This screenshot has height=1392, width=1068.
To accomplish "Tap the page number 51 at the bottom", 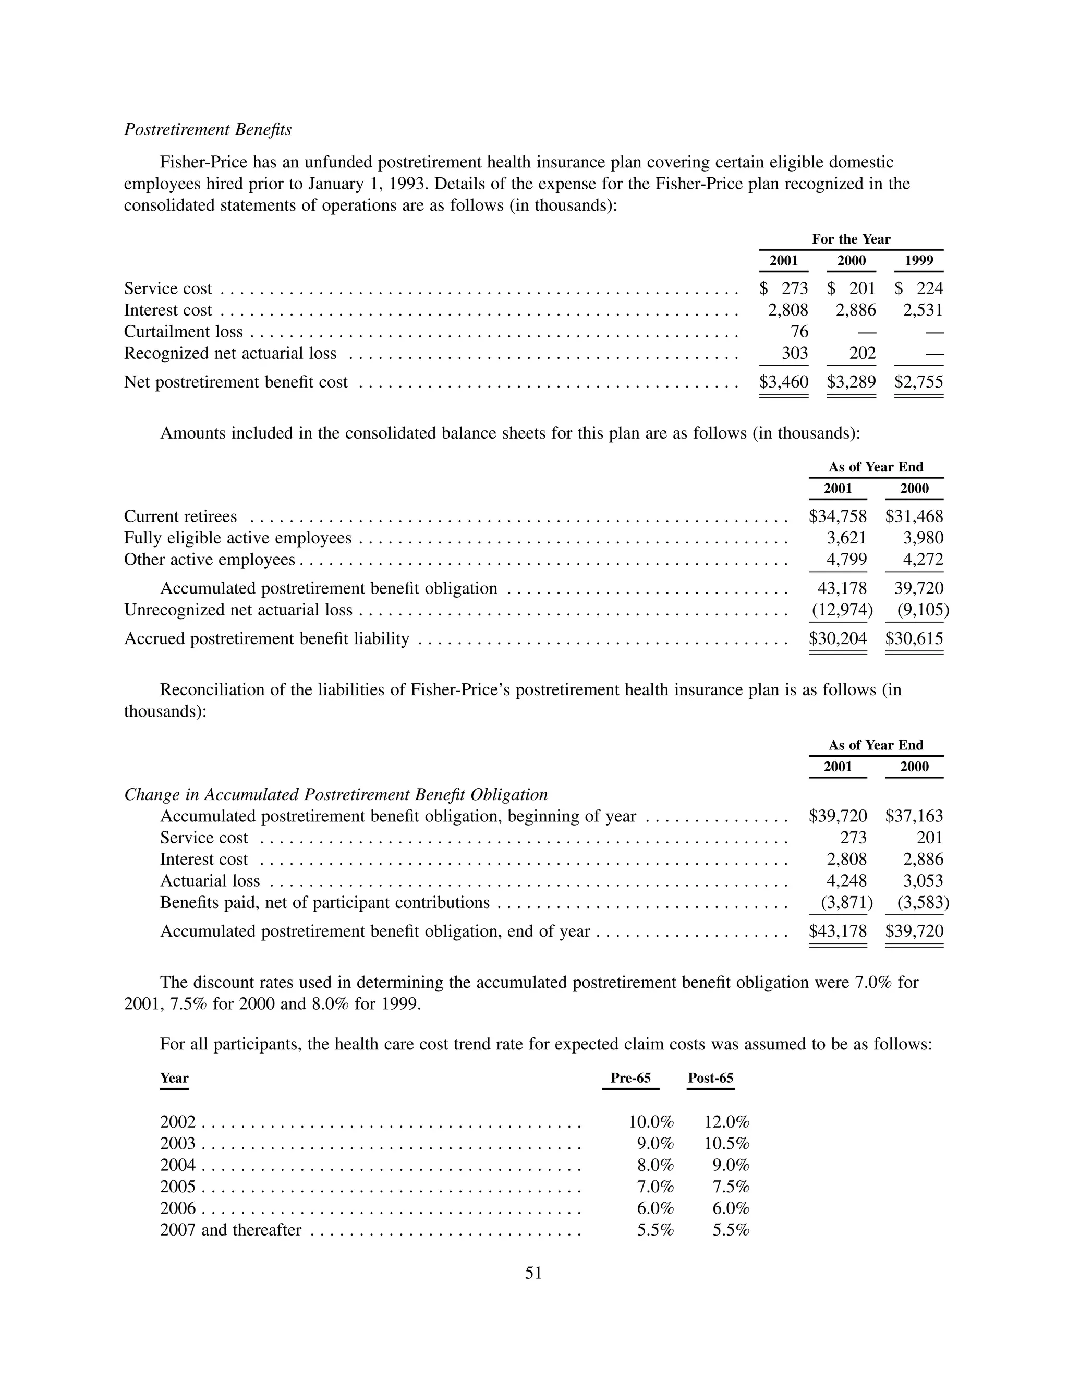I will coord(533,1273).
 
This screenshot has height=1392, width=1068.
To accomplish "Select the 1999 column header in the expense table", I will coord(919,261).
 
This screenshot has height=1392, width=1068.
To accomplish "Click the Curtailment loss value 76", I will coord(798,332).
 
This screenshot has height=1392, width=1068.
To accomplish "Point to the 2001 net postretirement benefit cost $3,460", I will coord(784,382).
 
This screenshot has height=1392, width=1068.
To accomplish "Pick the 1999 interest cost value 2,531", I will coord(923,310).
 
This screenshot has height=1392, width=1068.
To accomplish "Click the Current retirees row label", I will coord(180,516).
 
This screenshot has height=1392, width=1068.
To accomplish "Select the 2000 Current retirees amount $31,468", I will coord(914,516).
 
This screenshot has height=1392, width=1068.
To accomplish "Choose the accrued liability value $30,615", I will coord(914,639).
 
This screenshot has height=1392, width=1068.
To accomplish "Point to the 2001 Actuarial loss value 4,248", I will coord(846,881).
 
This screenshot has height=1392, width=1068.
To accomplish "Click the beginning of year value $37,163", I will coord(914,816).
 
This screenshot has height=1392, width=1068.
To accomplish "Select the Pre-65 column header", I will coord(630,1078).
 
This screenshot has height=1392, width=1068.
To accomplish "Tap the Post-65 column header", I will coord(710,1078).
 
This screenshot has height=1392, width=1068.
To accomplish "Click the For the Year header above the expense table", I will coord(851,239).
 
